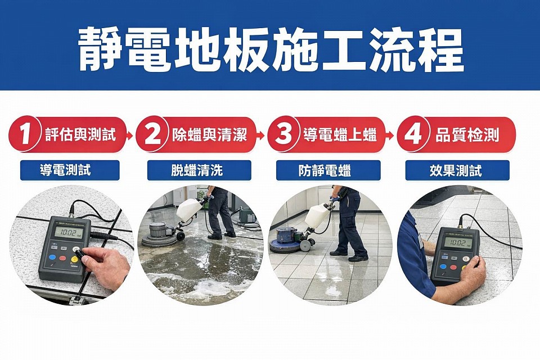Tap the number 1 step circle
[x=24, y=135]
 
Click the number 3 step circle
[x=283, y=135]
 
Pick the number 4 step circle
[x=413, y=135]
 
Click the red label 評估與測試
[x=80, y=135]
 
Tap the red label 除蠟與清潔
[x=209, y=135]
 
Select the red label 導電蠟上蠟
[x=340, y=135]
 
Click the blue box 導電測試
[x=70, y=170]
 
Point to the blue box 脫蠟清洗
[x=199, y=170]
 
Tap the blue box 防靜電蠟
[x=328, y=170]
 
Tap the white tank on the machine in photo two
[x=189, y=210]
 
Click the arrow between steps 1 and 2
[x=130, y=136]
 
